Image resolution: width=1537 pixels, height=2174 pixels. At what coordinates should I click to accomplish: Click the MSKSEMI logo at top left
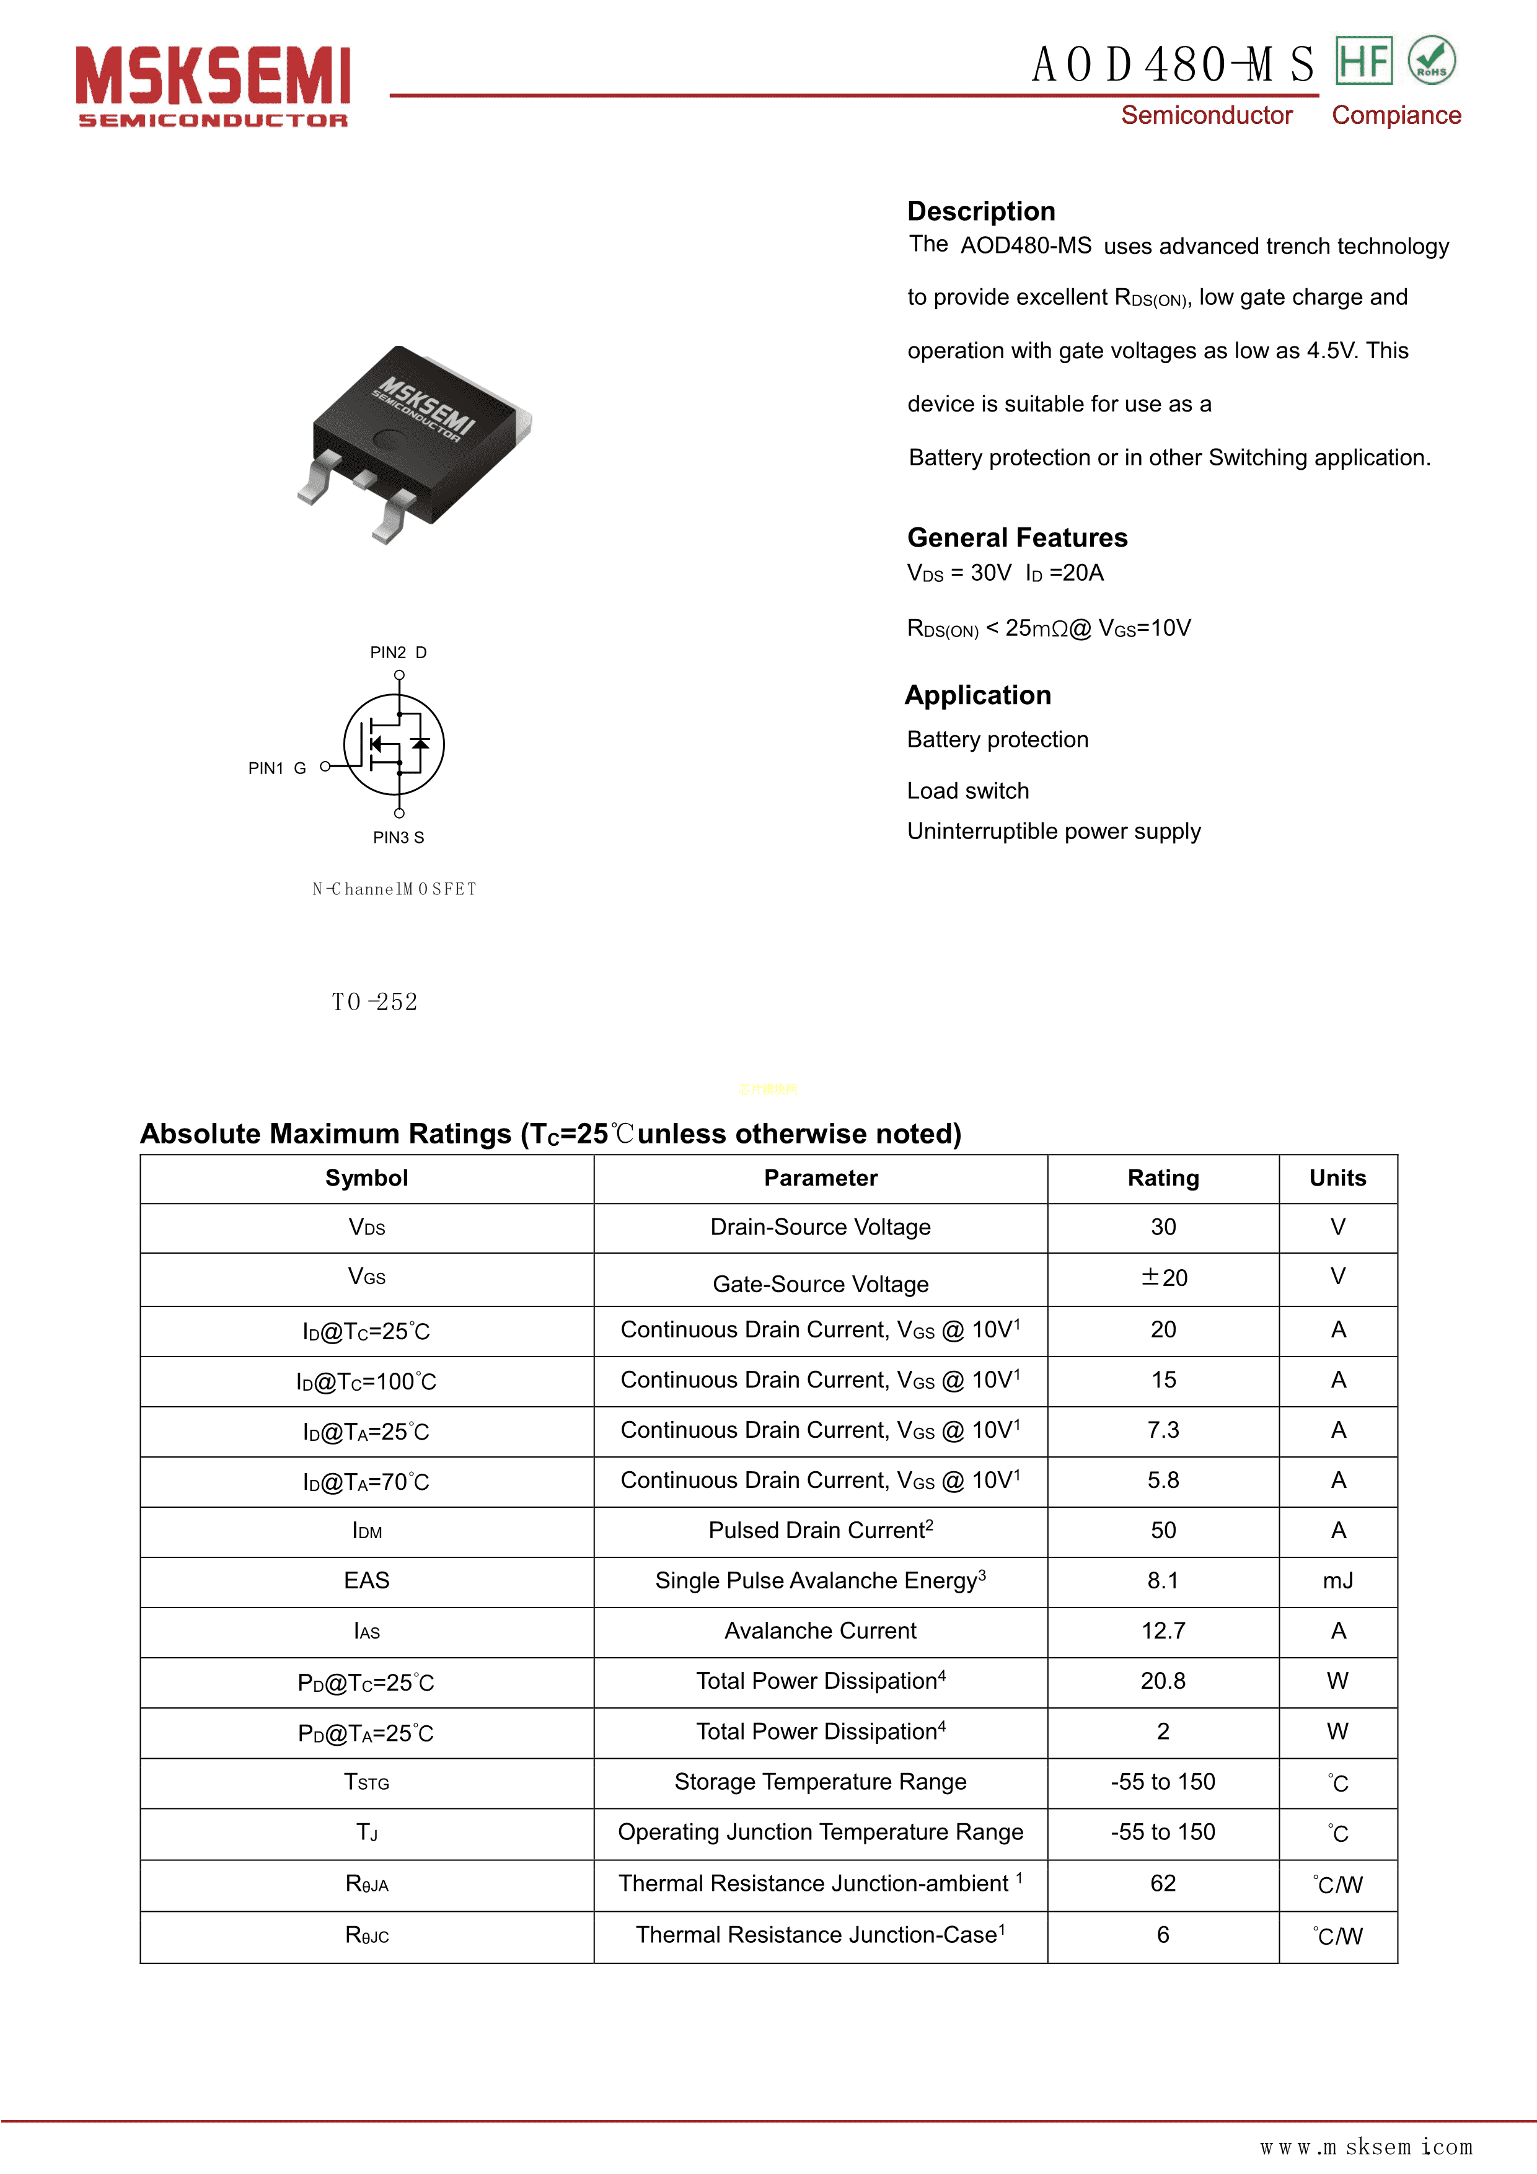(213, 86)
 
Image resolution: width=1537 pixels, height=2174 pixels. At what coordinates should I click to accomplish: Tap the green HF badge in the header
(1363, 61)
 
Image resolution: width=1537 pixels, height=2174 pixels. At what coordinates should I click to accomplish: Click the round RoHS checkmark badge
(1431, 61)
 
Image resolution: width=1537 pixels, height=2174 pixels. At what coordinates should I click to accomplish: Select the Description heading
(980, 211)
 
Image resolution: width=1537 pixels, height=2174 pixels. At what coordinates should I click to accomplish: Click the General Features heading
(1016, 538)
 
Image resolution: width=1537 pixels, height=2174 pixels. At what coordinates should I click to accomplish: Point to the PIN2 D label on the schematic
(398, 653)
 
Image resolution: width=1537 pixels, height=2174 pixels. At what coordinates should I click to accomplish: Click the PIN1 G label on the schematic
(276, 768)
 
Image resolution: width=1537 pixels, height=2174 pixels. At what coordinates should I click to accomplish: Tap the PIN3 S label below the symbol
(398, 837)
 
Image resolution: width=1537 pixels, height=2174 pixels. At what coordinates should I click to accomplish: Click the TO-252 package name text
(374, 1001)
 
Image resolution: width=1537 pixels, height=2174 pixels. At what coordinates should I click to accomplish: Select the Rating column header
(1162, 1178)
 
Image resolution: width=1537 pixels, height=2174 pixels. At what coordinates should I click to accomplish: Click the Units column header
(1337, 1178)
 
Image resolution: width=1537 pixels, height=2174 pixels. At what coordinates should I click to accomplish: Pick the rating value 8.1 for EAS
(1162, 1580)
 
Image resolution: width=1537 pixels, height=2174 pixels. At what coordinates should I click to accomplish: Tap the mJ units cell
(1337, 1580)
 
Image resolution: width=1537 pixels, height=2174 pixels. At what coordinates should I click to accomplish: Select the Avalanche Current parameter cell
(820, 1630)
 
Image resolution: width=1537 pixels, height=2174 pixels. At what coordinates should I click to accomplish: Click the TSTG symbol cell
(366, 1782)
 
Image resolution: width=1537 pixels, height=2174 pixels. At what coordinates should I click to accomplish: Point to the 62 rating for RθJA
(1162, 1883)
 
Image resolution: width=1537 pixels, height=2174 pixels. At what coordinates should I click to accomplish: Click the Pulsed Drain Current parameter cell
(820, 1530)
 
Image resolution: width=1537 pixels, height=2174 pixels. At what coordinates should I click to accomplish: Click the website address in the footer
(1365, 2147)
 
